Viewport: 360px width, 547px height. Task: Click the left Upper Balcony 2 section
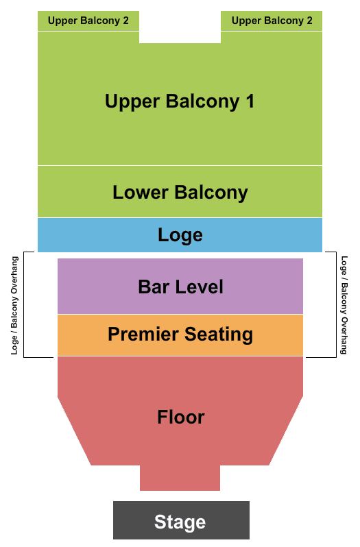click(x=88, y=21)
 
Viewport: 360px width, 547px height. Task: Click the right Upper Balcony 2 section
click(x=272, y=21)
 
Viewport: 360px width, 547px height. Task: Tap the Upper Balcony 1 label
click(x=180, y=102)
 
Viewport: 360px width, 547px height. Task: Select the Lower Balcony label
click(x=180, y=193)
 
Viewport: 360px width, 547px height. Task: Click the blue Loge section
click(x=180, y=235)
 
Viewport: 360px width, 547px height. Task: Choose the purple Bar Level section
click(x=180, y=286)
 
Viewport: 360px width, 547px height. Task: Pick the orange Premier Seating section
click(x=180, y=335)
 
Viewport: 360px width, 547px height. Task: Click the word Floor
click(x=181, y=417)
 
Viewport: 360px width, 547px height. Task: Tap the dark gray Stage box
click(x=181, y=520)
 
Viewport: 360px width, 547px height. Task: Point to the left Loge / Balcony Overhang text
click(x=14, y=306)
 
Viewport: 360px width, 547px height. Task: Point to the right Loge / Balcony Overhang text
click(x=344, y=305)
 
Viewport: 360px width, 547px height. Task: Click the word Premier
click(x=143, y=335)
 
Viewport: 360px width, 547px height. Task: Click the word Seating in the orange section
click(x=218, y=335)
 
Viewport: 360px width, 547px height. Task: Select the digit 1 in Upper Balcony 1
click(x=250, y=101)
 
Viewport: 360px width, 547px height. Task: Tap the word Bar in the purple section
click(x=154, y=287)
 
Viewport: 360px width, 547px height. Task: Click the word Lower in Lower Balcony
click(x=141, y=193)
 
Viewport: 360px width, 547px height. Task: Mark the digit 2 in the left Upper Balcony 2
click(x=125, y=21)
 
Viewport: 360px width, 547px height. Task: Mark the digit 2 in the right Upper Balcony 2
click(x=309, y=21)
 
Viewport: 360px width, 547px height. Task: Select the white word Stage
click(x=180, y=522)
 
